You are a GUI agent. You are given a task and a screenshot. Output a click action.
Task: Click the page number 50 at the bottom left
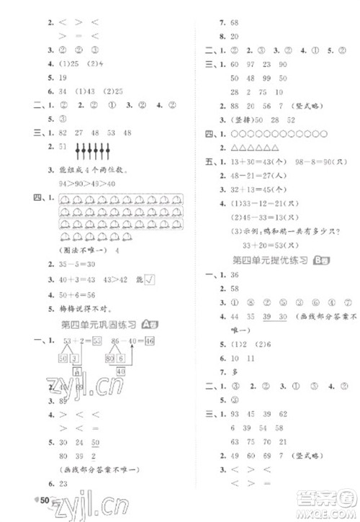(45, 500)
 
